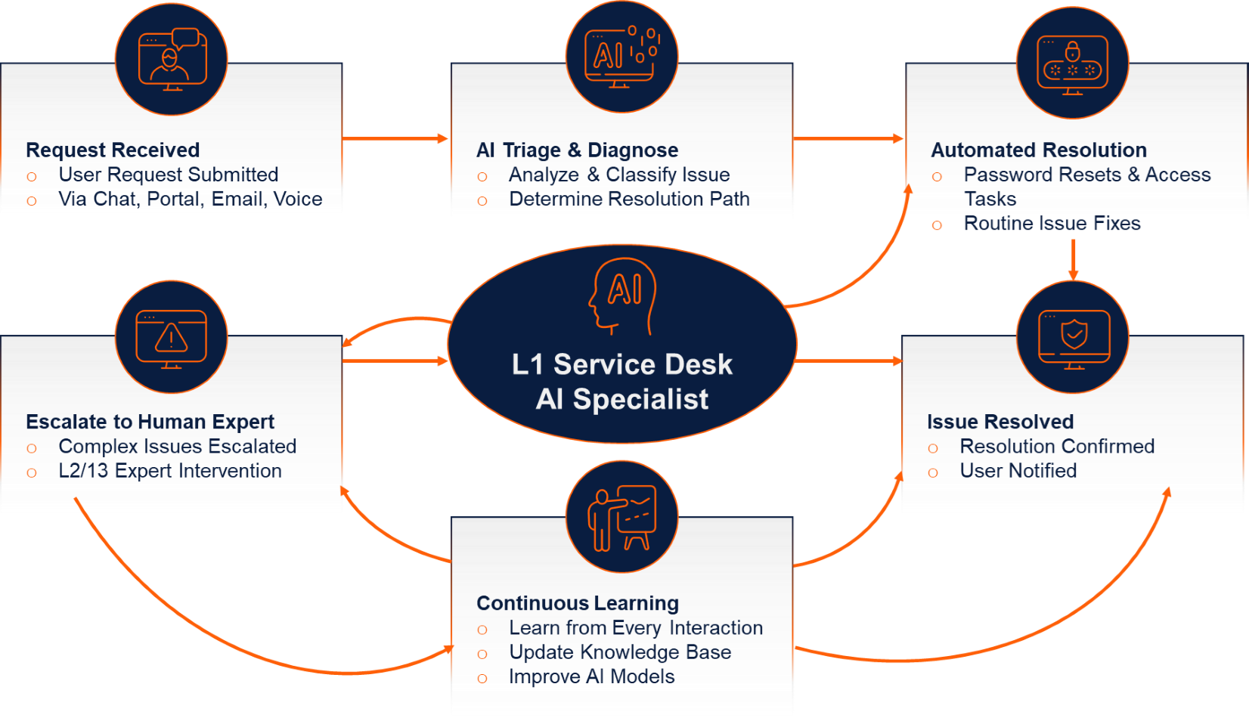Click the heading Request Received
click(113, 150)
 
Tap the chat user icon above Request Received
click(172, 59)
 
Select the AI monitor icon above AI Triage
click(621, 57)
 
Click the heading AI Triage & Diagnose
click(578, 150)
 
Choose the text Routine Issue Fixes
click(1052, 224)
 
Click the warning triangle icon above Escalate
click(172, 337)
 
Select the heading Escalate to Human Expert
click(150, 421)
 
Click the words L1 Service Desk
click(621, 364)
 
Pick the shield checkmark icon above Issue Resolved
click(1074, 337)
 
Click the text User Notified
click(1018, 471)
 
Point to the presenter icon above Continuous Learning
click(621, 518)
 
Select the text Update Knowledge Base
click(620, 652)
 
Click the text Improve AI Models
click(591, 676)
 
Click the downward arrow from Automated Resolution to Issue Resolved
click(1073, 260)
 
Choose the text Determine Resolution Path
click(629, 199)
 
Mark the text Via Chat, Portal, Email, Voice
click(190, 199)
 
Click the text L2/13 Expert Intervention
click(170, 471)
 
